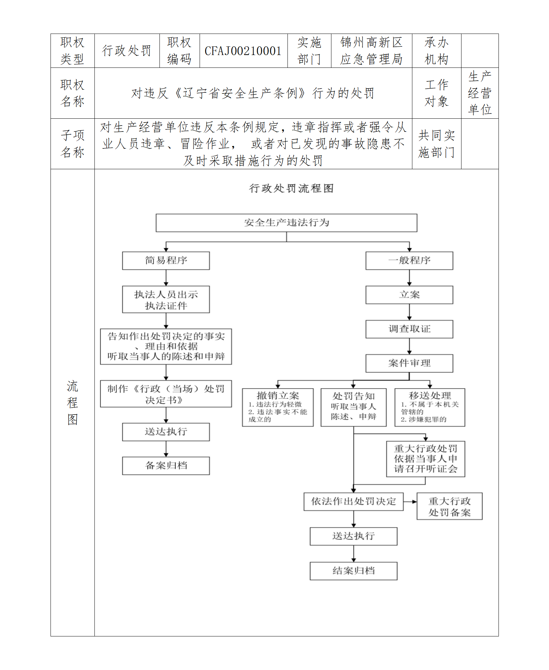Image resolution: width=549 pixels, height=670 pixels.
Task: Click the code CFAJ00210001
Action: (243, 51)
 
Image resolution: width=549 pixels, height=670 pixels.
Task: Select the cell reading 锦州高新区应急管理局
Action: (371, 51)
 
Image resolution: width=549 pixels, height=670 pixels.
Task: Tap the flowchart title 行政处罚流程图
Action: (291, 188)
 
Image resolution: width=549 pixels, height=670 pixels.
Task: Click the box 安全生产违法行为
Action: (286, 223)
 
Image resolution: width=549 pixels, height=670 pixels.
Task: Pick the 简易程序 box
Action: (166, 260)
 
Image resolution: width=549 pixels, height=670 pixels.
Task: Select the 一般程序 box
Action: (409, 260)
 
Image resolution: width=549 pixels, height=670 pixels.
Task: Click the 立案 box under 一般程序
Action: (409, 295)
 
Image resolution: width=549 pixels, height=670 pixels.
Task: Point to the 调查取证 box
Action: (409, 329)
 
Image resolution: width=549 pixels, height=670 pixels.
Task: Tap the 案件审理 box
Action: (409, 363)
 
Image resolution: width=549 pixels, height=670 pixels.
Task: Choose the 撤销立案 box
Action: (277, 407)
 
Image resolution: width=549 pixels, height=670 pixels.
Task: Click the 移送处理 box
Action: (430, 407)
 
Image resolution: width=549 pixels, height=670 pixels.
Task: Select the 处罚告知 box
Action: (353, 407)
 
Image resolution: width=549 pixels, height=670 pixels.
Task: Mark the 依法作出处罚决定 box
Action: (353, 501)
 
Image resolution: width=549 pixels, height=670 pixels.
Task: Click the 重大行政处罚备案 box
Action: (449, 506)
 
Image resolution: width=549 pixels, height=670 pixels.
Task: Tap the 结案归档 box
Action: (353, 571)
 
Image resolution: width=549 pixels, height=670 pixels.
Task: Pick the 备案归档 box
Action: (166, 465)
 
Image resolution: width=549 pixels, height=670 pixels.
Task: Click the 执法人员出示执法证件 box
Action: (166, 299)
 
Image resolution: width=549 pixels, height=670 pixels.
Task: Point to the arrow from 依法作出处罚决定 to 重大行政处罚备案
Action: (410, 501)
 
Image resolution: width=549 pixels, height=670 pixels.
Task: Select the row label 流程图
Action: (72, 402)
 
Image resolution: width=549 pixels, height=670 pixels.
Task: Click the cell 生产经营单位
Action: (479, 93)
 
